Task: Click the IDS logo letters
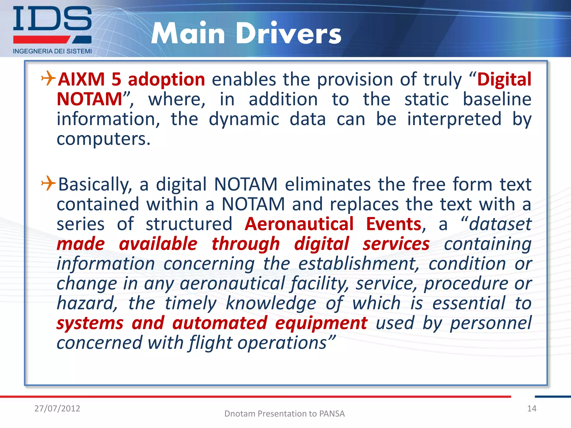pos(52,19)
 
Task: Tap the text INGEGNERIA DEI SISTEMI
pos(52,51)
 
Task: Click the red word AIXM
pos(81,80)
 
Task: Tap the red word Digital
pos(504,80)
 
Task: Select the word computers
pos(103,139)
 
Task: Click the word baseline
pos(497,99)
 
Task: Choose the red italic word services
pos(396,244)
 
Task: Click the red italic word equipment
pos(321,324)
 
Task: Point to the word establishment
pos(359,264)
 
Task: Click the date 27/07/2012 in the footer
pos(57,408)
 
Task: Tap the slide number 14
pos(532,408)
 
